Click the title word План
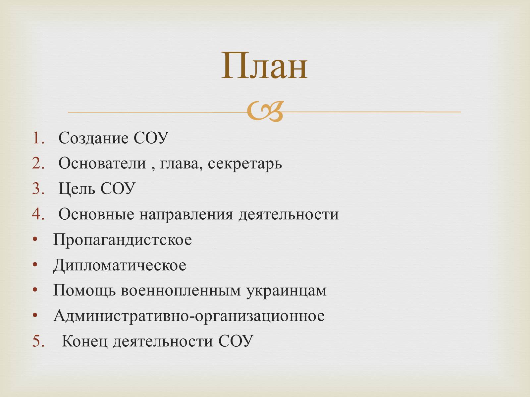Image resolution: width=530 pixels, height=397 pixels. [x=264, y=65]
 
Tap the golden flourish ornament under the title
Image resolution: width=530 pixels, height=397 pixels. [x=265, y=111]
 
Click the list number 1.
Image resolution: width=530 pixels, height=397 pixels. [x=38, y=138]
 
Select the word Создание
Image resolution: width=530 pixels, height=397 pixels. [x=93, y=138]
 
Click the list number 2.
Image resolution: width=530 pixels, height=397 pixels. [x=38, y=163]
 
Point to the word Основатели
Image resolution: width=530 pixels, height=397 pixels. [x=102, y=163]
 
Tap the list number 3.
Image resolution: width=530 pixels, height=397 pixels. [x=38, y=189]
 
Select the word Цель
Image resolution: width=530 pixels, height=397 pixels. [x=77, y=189]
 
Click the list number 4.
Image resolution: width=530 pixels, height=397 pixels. [x=38, y=214]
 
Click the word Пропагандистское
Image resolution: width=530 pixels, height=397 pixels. [x=123, y=240]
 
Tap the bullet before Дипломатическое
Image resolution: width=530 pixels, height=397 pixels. [x=35, y=264]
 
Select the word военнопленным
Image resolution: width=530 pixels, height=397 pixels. [x=181, y=290]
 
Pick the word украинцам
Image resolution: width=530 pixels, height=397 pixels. [x=287, y=291]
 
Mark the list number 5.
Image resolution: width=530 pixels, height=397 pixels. [x=38, y=341]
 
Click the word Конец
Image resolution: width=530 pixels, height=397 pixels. [x=84, y=341]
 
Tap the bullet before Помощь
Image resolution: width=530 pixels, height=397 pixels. [x=35, y=290]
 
